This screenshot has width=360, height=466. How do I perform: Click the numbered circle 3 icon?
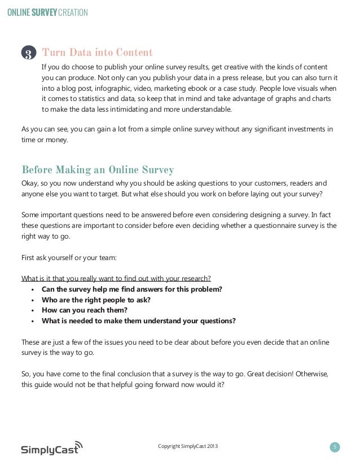pyautogui.click(x=29, y=54)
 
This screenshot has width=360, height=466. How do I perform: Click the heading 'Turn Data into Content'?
pyautogui.click(x=97, y=53)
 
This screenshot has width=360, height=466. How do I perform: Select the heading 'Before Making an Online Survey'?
pyautogui.click(x=97, y=170)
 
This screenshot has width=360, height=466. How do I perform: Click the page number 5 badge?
pyautogui.click(x=335, y=447)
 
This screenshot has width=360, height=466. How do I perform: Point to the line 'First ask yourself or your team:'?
pyautogui.click(x=69, y=259)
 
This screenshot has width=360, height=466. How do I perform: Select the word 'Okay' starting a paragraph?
pyautogui.click(x=29, y=183)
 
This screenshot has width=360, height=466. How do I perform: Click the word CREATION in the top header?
pyautogui.click(x=72, y=11)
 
